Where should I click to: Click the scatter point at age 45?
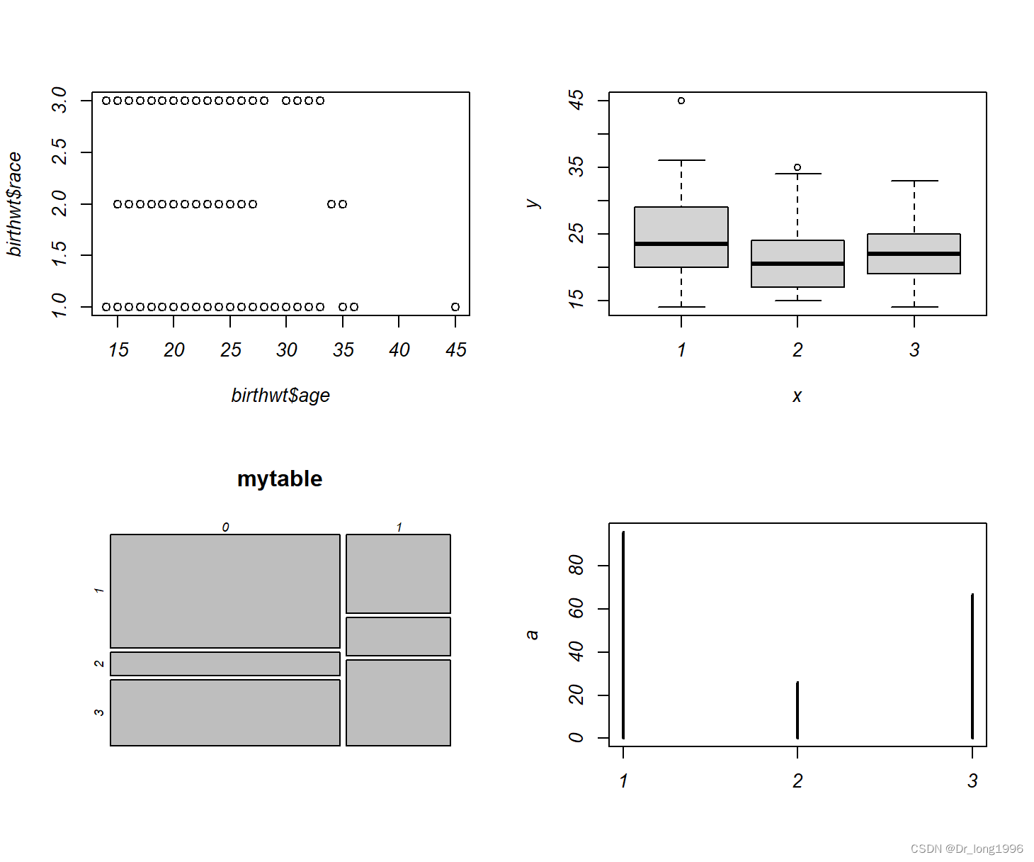tap(455, 307)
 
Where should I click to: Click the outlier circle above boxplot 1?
tap(681, 101)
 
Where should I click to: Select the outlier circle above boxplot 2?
tap(797, 167)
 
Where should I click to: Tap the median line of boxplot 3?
tap(914, 254)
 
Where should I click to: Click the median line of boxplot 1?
tap(681, 244)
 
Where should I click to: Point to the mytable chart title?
tap(280, 478)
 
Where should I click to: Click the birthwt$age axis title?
tap(280, 396)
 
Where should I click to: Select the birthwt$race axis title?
tap(14, 204)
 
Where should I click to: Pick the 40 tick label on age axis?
tap(399, 350)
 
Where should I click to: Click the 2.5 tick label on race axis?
tap(59, 151)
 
